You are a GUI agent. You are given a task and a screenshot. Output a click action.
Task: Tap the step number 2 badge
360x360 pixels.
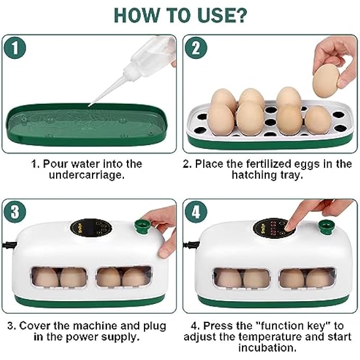click(x=196, y=48)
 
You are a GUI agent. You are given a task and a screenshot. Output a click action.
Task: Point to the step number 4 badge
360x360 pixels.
click(x=196, y=212)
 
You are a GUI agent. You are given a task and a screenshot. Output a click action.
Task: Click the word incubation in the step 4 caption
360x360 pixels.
click(x=268, y=348)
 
